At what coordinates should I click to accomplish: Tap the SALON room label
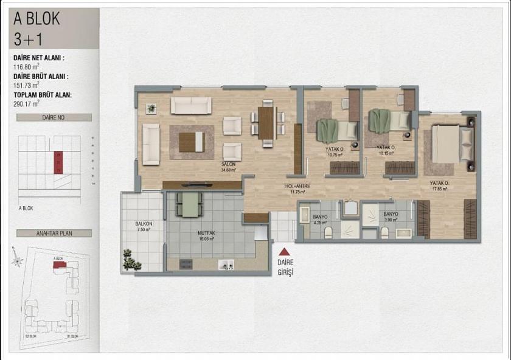[229, 164]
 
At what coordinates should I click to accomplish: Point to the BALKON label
[144, 224]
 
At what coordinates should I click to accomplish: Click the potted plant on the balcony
[131, 260]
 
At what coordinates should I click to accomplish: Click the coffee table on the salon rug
[191, 142]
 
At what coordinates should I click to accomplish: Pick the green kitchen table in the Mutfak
[191, 204]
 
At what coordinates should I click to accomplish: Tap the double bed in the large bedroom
[452, 144]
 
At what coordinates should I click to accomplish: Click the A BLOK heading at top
[37, 19]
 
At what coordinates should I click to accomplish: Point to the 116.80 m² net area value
[27, 67]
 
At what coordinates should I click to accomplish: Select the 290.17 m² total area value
[27, 104]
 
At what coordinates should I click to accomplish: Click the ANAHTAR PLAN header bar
[54, 233]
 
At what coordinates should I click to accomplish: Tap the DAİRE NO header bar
[54, 117]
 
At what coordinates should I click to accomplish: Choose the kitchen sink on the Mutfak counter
[226, 265]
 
